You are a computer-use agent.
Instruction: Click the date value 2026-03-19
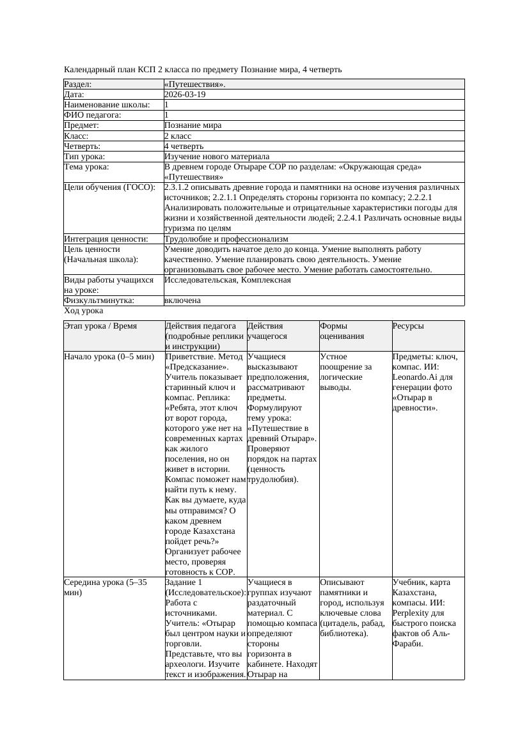coord(185,95)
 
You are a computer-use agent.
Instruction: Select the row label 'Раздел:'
coord(78,84)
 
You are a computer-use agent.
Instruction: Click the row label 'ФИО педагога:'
coord(93,115)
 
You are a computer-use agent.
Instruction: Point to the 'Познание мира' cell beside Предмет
coord(193,125)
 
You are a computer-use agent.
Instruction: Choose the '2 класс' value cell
coord(178,136)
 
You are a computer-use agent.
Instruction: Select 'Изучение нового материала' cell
coord(217,157)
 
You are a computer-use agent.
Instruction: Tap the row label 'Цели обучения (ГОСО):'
coord(109,187)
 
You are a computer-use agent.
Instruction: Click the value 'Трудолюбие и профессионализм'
coord(226,239)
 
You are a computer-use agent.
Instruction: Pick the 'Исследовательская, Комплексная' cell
coord(228,280)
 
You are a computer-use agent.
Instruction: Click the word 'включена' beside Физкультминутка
coord(182,300)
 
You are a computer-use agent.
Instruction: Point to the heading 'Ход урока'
coord(84,311)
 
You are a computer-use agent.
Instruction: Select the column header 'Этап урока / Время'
coord(100,326)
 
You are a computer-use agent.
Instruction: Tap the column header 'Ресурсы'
coord(408,326)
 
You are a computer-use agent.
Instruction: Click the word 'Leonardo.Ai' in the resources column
coord(415,377)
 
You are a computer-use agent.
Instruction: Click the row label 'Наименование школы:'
coord(107,105)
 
